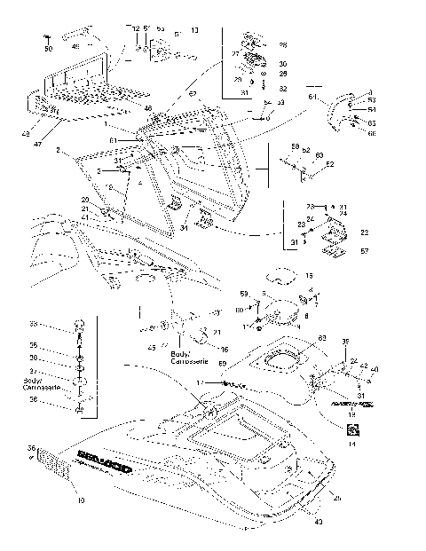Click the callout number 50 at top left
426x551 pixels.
pyautogui.click(x=49, y=48)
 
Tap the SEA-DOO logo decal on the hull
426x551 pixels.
pyautogui.click(x=100, y=461)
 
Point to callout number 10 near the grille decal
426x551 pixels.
pyautogui.click(x=80, y=502)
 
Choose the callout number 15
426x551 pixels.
pyautogui.click(x=309, y=276)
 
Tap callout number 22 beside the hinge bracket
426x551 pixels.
pyautogui.click(x=364, y=232)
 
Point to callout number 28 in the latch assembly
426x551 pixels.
pyautogui.click(x=283, y=44)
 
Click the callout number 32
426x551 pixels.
pyautogui.click(x=283, y=90)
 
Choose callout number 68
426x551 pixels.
pyautogui.click(x=371, y=133)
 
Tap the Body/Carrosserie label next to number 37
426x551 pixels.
pyautogui.click(x=43, y=384)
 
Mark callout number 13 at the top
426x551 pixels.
pyautogui.click(x=194, y=31)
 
